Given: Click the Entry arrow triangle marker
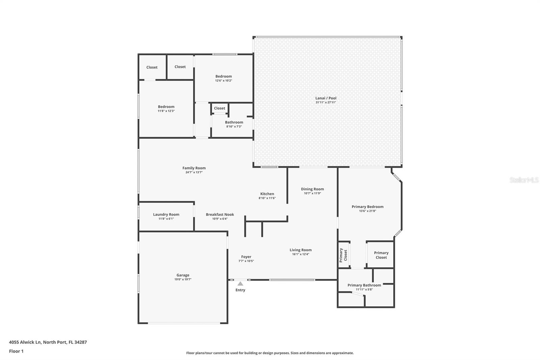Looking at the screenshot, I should (240, 284).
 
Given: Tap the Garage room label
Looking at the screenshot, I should (183, 275).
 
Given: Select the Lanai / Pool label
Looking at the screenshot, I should (326, 98).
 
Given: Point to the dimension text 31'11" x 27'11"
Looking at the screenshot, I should (326, 102).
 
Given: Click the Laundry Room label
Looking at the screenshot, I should (166, 214).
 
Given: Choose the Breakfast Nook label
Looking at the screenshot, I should (220, 214).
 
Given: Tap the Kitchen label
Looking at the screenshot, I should (267, 194).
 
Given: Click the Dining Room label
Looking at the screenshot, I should (312, 189).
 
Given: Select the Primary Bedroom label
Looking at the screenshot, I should (368, 206).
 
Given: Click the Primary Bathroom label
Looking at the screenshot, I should (364, 285).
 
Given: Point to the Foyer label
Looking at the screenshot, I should (246, 257).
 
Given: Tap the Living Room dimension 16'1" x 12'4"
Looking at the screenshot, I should (300, 254).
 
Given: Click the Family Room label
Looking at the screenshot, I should (194, 168).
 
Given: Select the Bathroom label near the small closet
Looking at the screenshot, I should (234, 122).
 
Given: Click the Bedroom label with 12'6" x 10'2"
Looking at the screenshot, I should (223, 76).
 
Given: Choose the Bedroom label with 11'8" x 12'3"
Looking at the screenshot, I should (166, 106).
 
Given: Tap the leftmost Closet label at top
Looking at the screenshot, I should (152, 67).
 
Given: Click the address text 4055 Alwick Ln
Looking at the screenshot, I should (25, 342).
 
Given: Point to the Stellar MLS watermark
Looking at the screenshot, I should (524, 180).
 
